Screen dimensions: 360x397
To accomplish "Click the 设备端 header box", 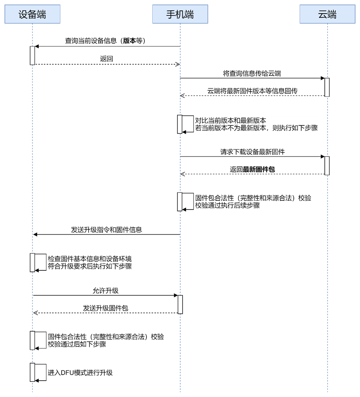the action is pos(32,14).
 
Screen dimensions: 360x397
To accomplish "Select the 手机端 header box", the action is pos(180,14).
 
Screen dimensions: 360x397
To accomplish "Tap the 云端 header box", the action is pos(328,14).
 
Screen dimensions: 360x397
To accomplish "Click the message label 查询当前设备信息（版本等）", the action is pos(105,41).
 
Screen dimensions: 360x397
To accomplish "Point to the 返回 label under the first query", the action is pos(106,59).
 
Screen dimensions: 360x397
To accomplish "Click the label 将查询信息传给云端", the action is pos(252,73).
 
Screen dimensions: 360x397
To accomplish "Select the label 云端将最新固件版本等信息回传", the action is pos(252,91).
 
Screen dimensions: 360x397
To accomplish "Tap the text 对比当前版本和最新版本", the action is pos(230,120).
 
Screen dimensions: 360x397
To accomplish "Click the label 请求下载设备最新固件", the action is pos(252,152).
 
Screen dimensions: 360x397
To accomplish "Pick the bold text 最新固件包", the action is pos(259,169).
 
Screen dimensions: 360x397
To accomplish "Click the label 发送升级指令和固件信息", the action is pos(106,230).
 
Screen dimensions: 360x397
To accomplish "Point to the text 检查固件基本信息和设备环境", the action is pos(90,259).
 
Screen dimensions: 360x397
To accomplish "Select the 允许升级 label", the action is pos(106,291).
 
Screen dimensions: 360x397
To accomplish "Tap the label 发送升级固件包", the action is pos(106,308).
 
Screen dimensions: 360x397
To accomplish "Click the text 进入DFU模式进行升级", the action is pos(80,373).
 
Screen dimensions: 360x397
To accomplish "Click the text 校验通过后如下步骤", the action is pos(77,344).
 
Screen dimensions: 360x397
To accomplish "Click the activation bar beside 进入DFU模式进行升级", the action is pos(32,372).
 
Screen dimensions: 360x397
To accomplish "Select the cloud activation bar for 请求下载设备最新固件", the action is pos(327,166).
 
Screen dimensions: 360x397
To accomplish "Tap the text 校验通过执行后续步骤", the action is pos(227,205).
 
